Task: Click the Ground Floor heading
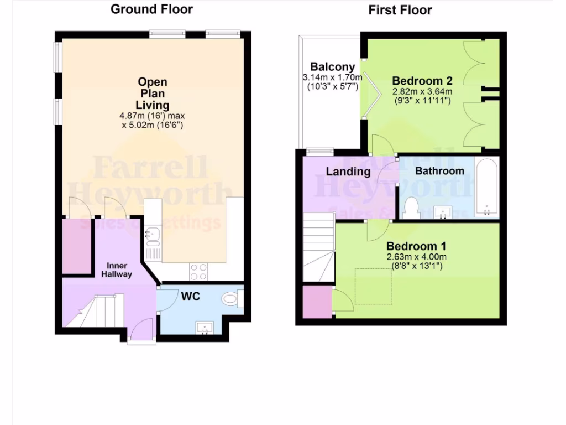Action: (x=152, y=9)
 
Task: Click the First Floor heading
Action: (x=400, y=10)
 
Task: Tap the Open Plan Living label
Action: (x=153, y=94)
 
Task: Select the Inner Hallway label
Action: (x=116, y=269)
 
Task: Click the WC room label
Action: (x=190, y=297)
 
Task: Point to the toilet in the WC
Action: (x=232, y=299)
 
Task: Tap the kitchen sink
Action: (x=152, y=237)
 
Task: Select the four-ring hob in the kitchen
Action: (x=198, y=271)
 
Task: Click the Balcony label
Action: (x=332, y=67)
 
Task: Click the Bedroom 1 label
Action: (x=416, y=246)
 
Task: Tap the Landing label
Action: (x=348, y=172)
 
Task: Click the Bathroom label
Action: (x=439, y=171)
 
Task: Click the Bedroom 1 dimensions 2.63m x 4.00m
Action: (x=416, y=257)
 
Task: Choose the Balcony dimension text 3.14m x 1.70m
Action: (x=332, y=77)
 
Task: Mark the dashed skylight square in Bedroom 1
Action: (x=373, y=286)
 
